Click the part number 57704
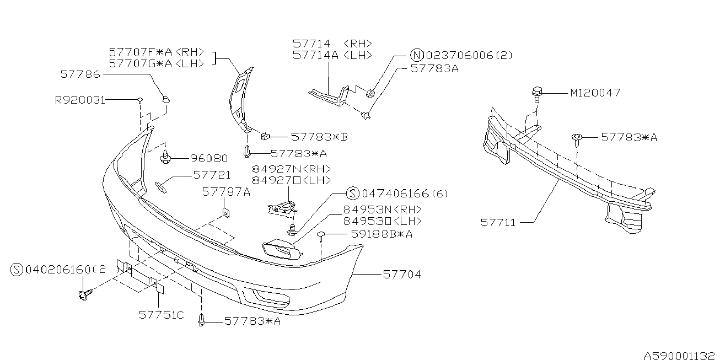pyautogui.click(x=402, y=274)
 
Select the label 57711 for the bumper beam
pyautogui.click(x=498, y=223)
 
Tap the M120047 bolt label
pyautogui.click(x=595, y=93)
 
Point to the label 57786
pyautogui.click(x=80, y=73)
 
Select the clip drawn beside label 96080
pyautogui.click(x=164, y=159)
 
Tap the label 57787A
pyautogui.click(x=226, y=192)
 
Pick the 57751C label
pyautogui.click(x=161, y=315)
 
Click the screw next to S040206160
pyautogui.click(x=84, y=296)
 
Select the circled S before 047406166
pyautogui.click(x=353, y=194)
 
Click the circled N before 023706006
pyautogui.click(x=417, y=55)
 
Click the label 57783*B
pyautogui.click(x=319, y=137)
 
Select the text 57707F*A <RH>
pyautogui.click(x=157, y=52)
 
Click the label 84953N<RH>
pyautogui.click(x=382, y=209)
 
